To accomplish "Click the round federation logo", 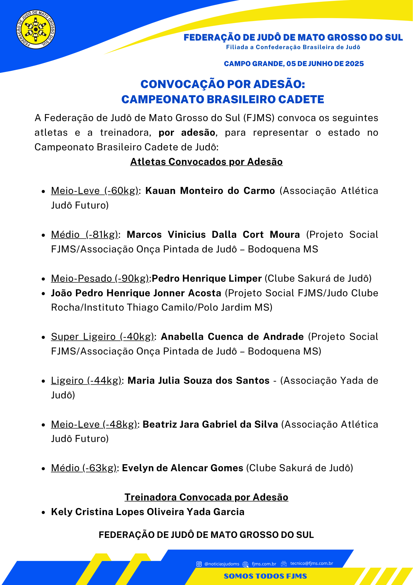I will (36, 30).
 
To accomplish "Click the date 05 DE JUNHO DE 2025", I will (325, 64).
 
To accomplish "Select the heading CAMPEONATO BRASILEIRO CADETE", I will (223, 99).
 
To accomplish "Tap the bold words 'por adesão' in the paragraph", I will (187, 133).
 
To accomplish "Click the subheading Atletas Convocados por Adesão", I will (206, 162).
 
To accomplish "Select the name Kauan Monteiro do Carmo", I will (210, 191).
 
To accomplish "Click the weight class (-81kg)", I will (102, 235).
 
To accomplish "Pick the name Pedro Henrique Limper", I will (206, 278).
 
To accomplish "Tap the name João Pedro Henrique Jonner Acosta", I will (136, 293).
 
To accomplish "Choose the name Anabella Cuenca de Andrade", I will (232, 337).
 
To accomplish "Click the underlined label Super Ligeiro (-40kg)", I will (102, 337).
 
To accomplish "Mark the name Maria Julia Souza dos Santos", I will (198, 381).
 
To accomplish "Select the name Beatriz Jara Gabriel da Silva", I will (210, 424).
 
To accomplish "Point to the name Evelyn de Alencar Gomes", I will (183, 468).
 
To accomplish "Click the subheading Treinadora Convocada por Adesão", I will (206, 497).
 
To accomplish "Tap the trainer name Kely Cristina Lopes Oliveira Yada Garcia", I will (147, 512).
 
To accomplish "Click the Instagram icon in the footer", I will (199, 564).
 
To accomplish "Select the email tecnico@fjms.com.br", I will (311, 564).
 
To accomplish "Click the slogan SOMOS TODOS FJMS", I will (265, 576).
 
